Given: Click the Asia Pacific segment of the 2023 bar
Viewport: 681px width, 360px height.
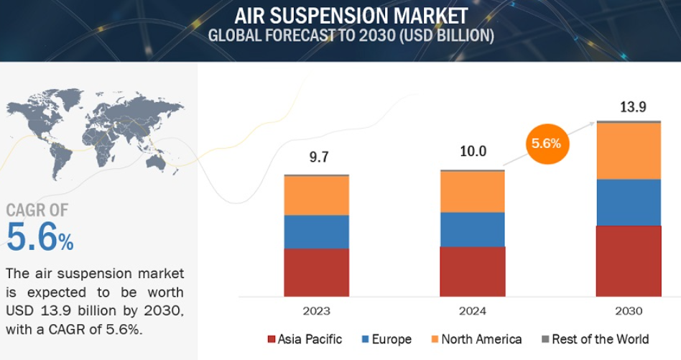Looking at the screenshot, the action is tap(316, 272).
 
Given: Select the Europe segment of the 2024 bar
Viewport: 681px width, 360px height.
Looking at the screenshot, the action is tap(473, 229).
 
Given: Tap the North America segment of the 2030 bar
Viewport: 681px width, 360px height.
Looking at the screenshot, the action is tap(629, 151).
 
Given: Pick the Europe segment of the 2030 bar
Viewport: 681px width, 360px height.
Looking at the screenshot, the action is tap(629, 203).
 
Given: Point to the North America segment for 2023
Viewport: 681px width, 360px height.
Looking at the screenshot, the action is tap(316, 195).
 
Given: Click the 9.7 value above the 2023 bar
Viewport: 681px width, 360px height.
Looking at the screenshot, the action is tap(319, 157).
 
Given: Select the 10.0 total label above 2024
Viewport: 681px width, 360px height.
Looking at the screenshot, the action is tap(473, 151).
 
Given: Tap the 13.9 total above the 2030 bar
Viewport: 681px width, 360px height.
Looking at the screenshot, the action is tap(633, 107).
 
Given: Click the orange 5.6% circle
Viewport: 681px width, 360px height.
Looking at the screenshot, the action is tap(547, 144).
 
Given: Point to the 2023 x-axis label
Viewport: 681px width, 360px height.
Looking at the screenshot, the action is tap(316, 311).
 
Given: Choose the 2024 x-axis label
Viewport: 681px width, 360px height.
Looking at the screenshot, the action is tap(473, 311).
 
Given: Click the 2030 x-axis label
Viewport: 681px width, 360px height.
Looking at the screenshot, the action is tap(629, 311).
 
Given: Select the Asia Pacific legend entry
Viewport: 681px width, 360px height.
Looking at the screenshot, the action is tap(305, 339).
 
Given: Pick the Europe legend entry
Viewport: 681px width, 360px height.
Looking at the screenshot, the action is tap(386, 339).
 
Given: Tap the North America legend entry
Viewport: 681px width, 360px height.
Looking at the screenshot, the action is tap(476, 339).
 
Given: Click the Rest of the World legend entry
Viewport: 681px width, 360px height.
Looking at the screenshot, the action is tap(595, 339).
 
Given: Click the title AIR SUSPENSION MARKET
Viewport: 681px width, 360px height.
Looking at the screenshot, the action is tap(351, 17).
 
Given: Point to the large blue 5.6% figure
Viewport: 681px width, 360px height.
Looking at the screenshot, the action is tap(40, 237).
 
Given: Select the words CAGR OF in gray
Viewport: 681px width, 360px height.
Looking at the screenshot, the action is tap(37, 211).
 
